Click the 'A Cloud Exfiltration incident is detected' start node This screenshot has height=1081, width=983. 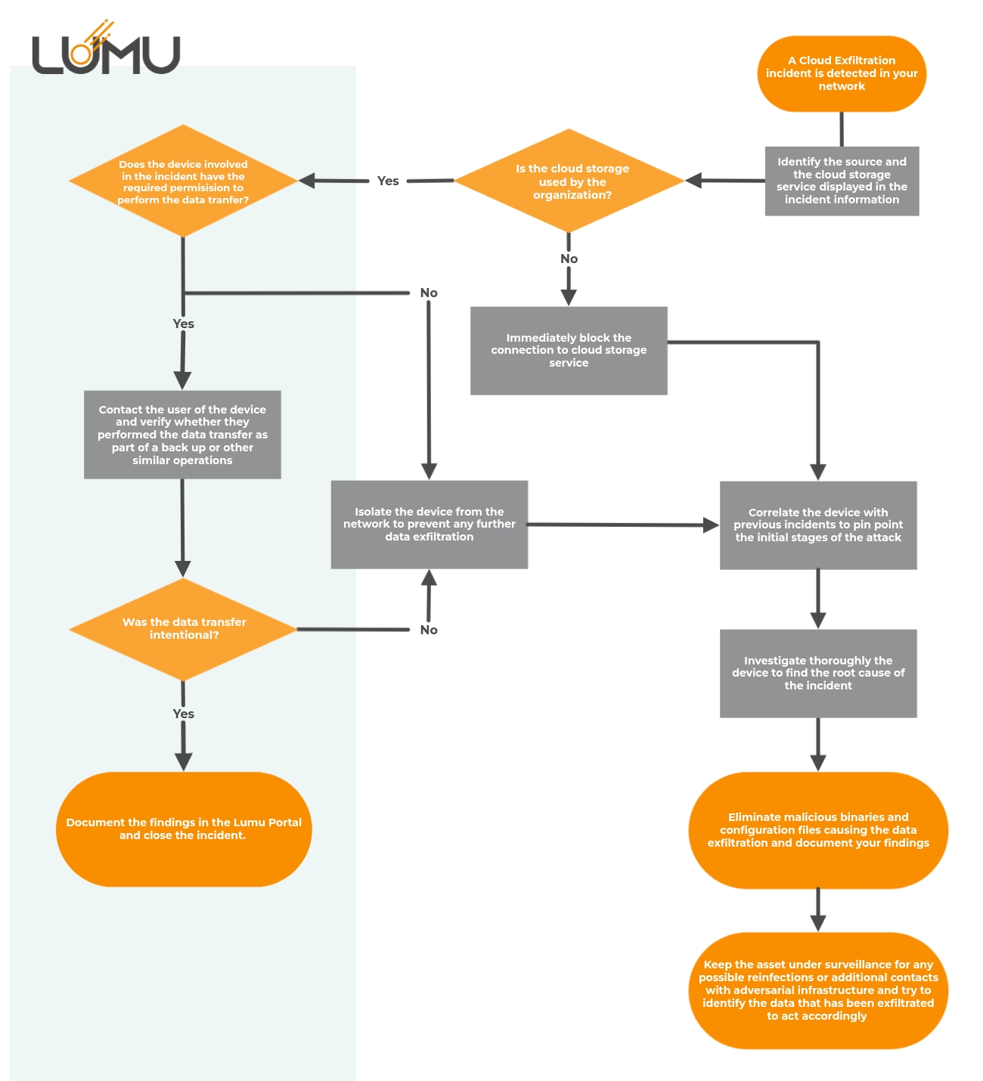pyautogui.click(x=842, y=73)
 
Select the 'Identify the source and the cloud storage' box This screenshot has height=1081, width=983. pyautogui.click(x=842, y=181)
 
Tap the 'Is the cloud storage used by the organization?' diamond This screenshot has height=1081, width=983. pyautogui.click(x=569, y=181)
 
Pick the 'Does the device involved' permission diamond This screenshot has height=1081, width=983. pyautogui.click(x=183, y=181)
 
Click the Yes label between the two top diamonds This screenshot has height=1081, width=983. pyautogui.click(x=388, y=181)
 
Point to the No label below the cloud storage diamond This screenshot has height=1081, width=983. pyautogui.click(x=569, y=259)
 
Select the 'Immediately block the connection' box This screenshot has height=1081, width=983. pyautogui.click(x=569, y=350)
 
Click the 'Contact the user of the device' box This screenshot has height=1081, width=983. pyautogui.click(x=182, y=435)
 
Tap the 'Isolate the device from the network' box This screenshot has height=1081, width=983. pyautogui.click(x=429, y=524)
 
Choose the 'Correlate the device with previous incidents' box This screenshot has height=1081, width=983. pyautogui.click(x=818, y=525)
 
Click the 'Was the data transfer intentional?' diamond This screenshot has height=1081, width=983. pyautogui.click(x=183, y=629)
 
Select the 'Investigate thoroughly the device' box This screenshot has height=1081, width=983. pyautogui.click(x=818, y=673)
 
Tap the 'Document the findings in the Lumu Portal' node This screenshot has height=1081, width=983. pyautogui.click(x=184, y=829)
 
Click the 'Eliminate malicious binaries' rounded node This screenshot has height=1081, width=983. pyautogui.click(x=818, y=830)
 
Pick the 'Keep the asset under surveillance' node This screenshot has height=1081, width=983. pyautogui.click(x=818, y=990)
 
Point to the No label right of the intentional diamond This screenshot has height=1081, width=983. pyautogui.click(x=429, y=630)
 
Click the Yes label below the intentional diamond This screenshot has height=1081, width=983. pyautogui.click(x=184, y=714)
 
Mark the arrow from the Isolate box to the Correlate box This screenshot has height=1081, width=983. pyautogui.click(x=620, y=525)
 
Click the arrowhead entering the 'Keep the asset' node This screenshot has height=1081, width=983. pyautogui.click(x=818, y=923)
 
